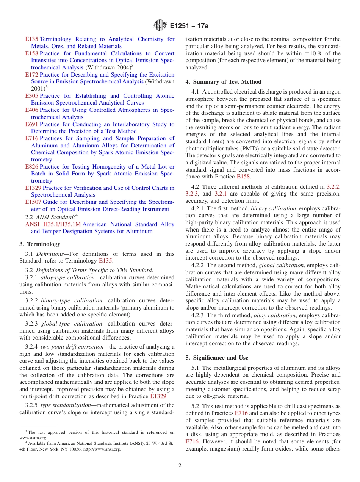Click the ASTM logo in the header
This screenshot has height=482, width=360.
(x=160, y=26)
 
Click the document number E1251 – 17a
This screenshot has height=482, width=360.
(x=189, y=26)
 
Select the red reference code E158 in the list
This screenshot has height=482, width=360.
(x=31, y=53)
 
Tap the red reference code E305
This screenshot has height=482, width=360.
(x=31, y=96)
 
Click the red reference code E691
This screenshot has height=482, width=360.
(x=31, y=124)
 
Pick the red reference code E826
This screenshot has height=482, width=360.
(x=31, y=167)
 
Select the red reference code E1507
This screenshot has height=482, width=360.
(x=33, y=202)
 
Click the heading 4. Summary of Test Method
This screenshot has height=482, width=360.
(x=223, y=82)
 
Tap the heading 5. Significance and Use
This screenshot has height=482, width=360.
(x=217, y=358)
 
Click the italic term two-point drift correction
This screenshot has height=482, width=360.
(x=72, y=347)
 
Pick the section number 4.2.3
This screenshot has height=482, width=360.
(x=198, y=315)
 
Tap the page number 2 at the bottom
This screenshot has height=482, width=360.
(x=180, y=466)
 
